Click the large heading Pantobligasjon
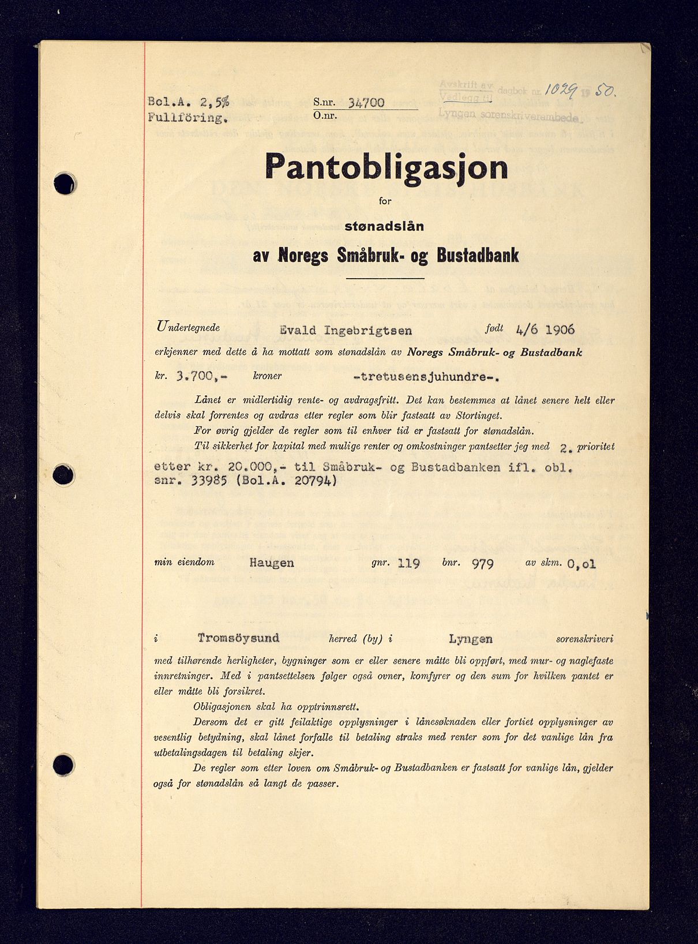point(386,167)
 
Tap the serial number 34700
point(366,103)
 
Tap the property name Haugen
point(272,562)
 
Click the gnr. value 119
point(408,563)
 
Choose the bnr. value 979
point(482,563)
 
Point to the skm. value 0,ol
point(581,564)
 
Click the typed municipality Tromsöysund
point(238,638)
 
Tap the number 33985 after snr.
point(202,481)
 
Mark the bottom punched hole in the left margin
point(63,765)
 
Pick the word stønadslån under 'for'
point(384,226)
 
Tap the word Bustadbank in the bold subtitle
point(478,255)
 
